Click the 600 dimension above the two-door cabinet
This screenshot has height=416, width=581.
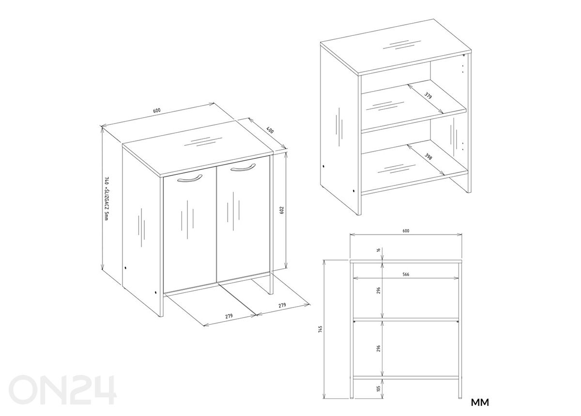pos(157,110)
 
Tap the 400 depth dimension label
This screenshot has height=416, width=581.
pos(270,131)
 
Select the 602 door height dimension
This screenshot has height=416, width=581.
pos(282,210)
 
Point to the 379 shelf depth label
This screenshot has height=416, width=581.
pos(428,95)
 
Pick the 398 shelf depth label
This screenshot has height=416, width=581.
pos(428,156)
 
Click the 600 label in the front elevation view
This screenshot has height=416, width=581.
pos(406,231)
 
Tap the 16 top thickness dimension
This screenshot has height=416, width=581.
pos(379,250)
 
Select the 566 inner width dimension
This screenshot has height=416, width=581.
pos(406,274)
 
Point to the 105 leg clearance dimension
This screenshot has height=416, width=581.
pos(379,396)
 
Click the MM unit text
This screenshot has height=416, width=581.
pos(480,402)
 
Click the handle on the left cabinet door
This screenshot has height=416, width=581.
pos(190,179)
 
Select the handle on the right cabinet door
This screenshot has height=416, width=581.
pos(243,167)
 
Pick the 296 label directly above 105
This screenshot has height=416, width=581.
pos(379,348)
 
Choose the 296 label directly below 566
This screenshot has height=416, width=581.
pos(379,290)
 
